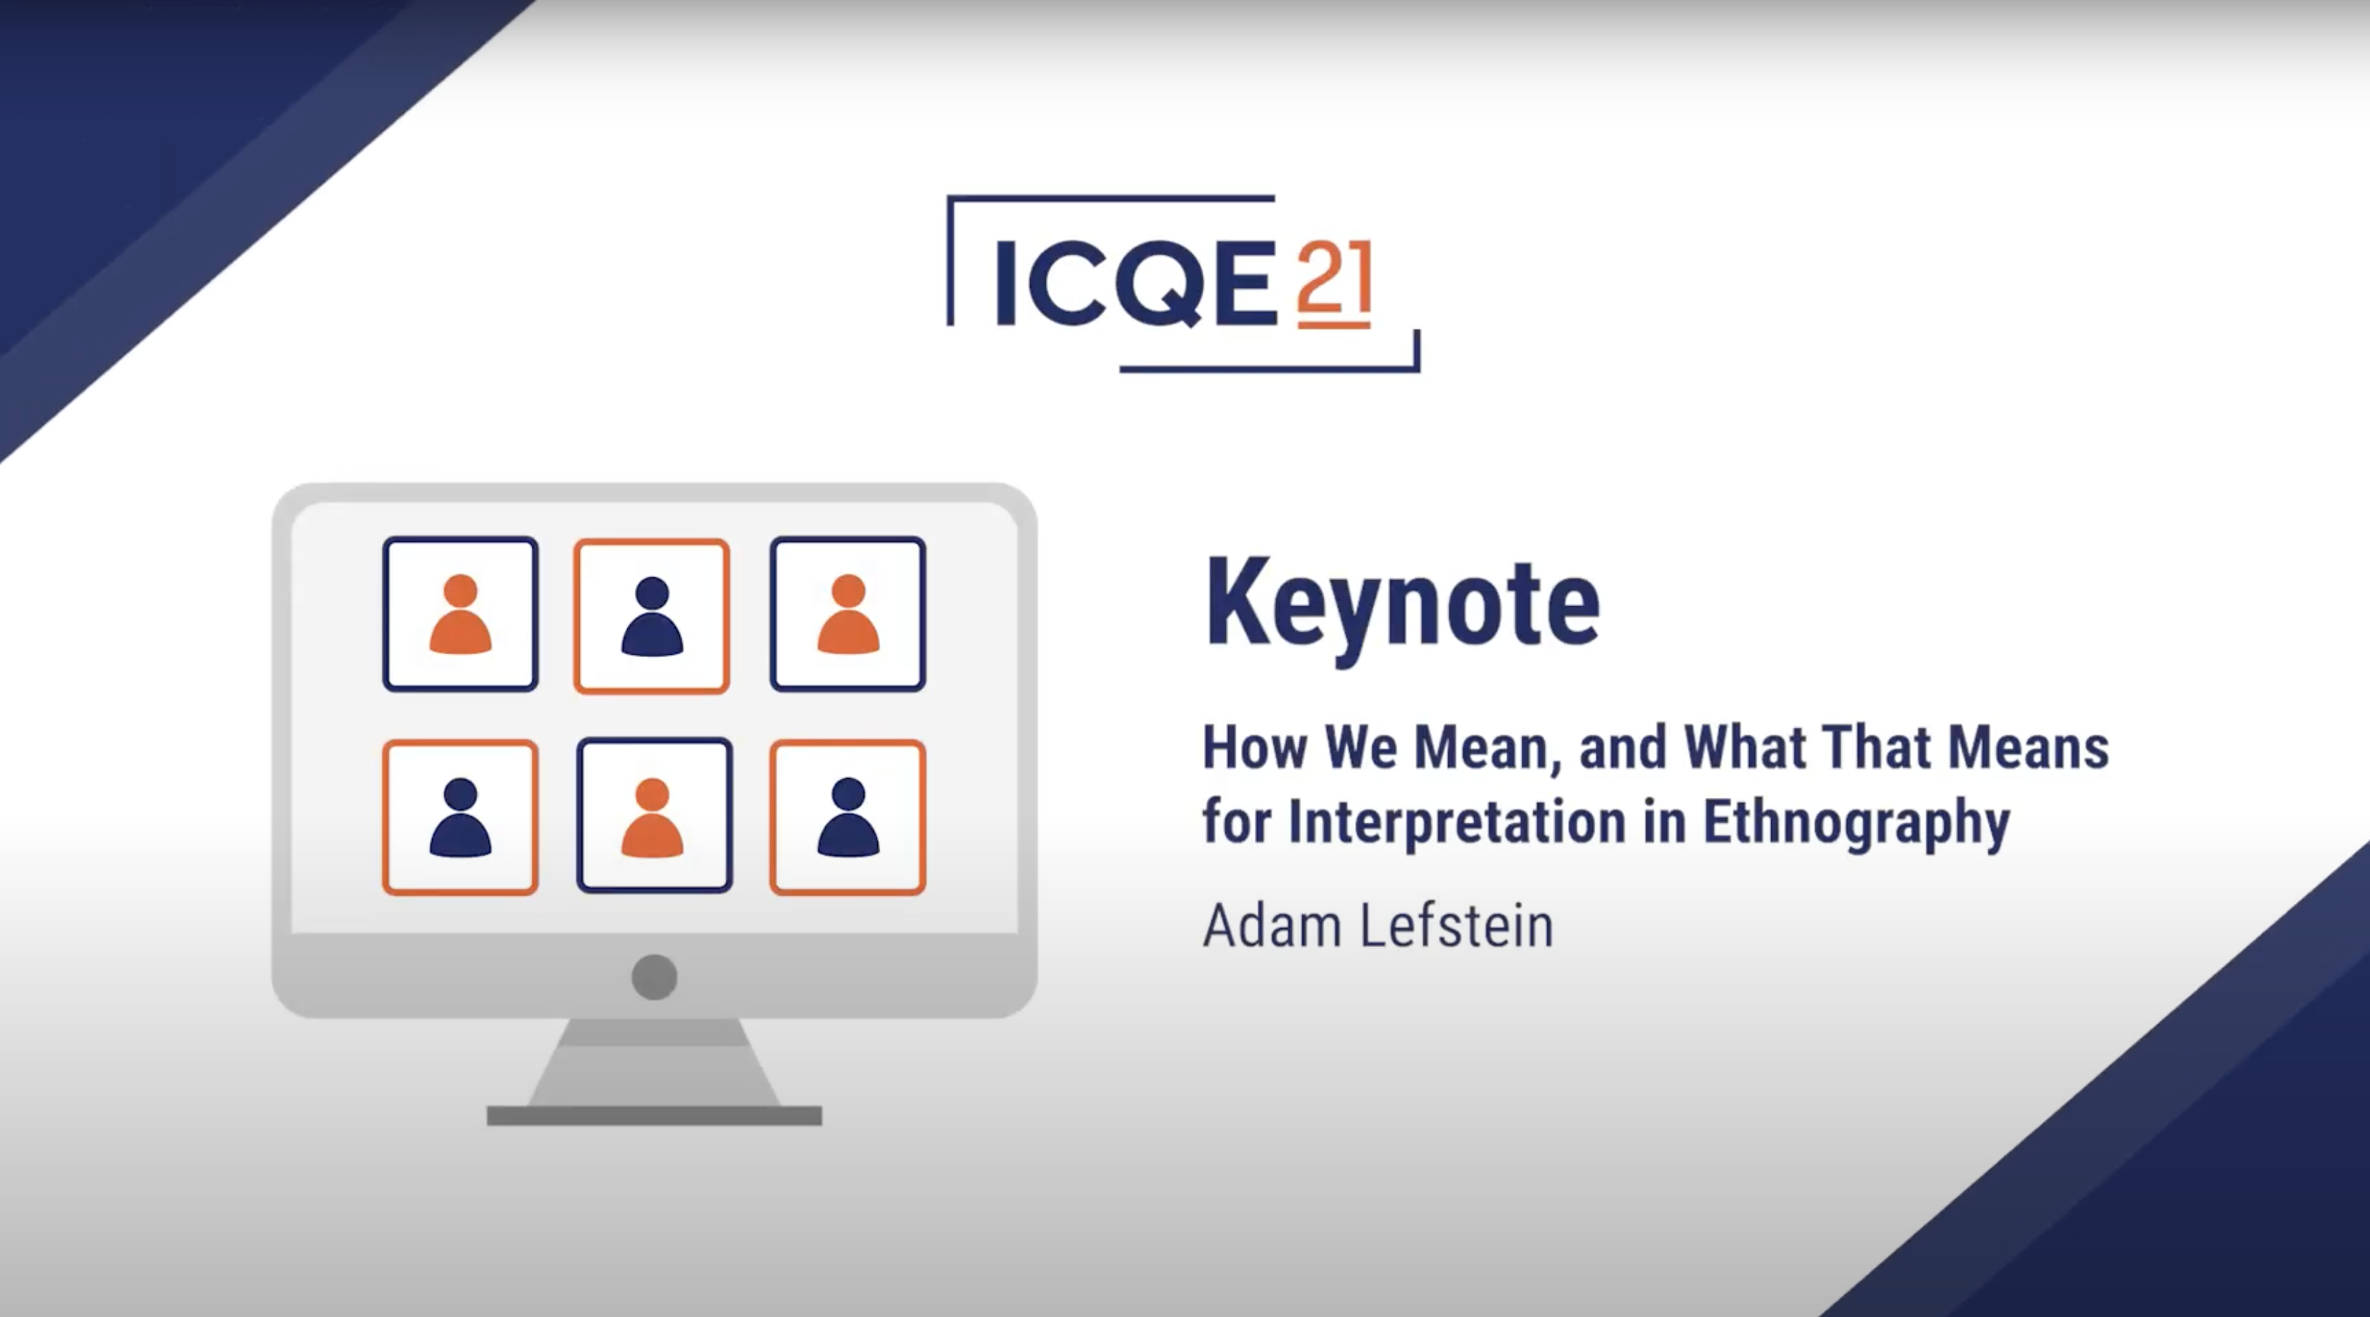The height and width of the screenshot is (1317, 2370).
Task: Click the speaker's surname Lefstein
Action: pyautogui.click(x=1457, y=925)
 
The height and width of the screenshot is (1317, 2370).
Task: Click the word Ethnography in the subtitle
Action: pyautogui.click(x=1857, y=823)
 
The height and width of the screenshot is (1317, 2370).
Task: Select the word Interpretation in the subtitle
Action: pyautogui.click(x=1457, y=823)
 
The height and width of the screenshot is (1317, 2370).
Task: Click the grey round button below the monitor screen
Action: pyautogui.click(x=654, y=977)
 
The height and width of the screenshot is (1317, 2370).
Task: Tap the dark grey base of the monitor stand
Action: pyautogui.click(x=654, y=1115)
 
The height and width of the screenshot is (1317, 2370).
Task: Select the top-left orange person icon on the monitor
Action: pyautogui.click(x=460, y=614)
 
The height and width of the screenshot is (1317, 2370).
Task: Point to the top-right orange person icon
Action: pyautogui.click(x=848, y=614)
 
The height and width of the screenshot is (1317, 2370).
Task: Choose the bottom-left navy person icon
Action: pyautogui.click(x=460, y=817)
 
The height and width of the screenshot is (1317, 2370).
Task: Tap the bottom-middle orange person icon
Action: pyautogui.click(x=653, y=817)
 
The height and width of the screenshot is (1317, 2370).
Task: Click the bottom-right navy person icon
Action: pyautogui.click(x=848, y=817)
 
